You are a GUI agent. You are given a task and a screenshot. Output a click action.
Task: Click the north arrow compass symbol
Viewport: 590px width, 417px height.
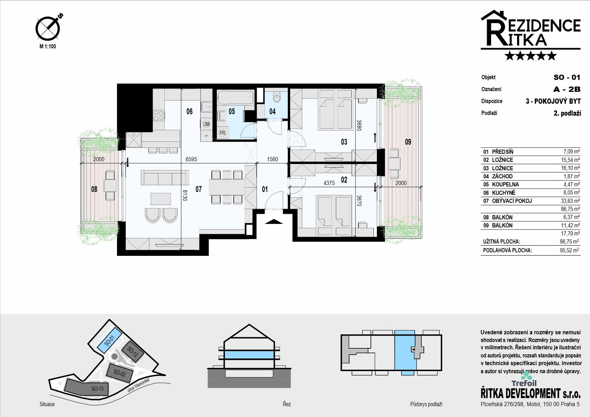[48, 28]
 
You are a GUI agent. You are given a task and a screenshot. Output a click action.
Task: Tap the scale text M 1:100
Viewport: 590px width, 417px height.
[48, 46]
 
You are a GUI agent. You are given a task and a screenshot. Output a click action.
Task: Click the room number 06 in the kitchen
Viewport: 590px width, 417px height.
[189, 111]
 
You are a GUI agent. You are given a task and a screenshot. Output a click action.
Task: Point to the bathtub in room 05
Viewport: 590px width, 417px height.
[235, 98]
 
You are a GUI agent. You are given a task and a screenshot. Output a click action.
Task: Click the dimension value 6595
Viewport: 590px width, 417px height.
[191, 159]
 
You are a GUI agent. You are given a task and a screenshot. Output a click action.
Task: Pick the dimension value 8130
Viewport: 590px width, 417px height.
[185, 195]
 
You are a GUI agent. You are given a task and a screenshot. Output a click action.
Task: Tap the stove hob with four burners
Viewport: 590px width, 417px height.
[159, 116]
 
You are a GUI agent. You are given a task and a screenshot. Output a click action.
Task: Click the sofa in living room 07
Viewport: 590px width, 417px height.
[165, 177]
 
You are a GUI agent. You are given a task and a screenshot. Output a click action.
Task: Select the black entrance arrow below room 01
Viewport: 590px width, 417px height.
[274, 222]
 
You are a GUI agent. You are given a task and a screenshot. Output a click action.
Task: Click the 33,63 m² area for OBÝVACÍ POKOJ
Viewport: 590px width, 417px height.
[570, 201]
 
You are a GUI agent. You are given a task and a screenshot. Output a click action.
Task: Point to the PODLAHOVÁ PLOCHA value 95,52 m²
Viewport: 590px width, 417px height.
[569, 250]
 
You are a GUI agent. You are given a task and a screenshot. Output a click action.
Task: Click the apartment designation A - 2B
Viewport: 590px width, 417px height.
[567, 89]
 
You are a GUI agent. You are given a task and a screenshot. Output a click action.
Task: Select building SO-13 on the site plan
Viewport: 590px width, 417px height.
[86, 387]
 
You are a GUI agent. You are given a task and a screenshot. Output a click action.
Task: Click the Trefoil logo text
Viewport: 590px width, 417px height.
[524, 383]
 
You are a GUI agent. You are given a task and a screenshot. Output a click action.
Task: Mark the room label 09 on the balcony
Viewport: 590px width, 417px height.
[408, 142]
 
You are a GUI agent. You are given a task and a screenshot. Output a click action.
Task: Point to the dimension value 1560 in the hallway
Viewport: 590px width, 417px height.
[272, 159]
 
